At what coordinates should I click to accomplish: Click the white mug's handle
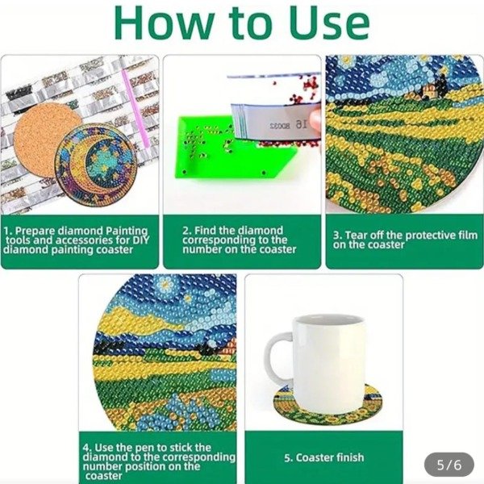pyautogui.click(x=279, y=359)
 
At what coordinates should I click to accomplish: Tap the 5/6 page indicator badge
pyautogui.click(x=449, y=464)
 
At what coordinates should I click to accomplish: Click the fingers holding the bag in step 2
pyautogui.click(x=314, y=121)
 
